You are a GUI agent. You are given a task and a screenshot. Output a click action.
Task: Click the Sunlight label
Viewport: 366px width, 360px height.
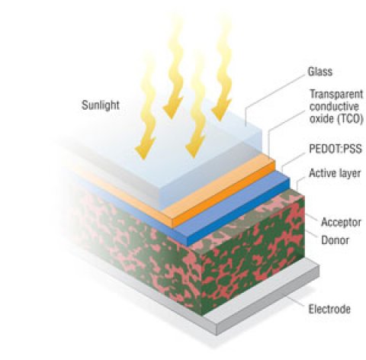pos(101,105)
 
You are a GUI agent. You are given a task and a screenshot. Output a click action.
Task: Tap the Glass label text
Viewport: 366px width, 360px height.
pos(320,72)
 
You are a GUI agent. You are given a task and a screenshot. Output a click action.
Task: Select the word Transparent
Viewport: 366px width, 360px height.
pos(336,94)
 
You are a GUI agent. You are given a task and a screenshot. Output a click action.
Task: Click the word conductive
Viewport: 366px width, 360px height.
pos(334,106)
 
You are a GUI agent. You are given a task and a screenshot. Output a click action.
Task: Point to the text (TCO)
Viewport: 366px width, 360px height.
pos(350,119)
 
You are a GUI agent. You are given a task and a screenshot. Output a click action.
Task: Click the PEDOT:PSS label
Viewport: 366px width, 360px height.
pos(335,149)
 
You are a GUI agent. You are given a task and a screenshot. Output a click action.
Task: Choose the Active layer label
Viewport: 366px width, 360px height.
pos(335,173)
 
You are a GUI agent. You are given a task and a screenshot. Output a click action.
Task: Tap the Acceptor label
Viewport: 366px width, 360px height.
pos(341,222)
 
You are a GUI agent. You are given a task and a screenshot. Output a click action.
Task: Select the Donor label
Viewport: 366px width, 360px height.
pos(335,240)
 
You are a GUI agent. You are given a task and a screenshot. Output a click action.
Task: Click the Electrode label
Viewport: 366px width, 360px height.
pos(329,309)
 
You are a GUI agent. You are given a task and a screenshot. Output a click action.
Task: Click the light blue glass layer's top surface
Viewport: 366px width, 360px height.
pos(178,158)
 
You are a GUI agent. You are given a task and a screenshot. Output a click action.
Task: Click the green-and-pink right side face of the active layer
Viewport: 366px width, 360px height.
pos(253,254)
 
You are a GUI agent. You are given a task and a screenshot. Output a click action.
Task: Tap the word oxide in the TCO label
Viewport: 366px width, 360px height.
pos(322,119)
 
